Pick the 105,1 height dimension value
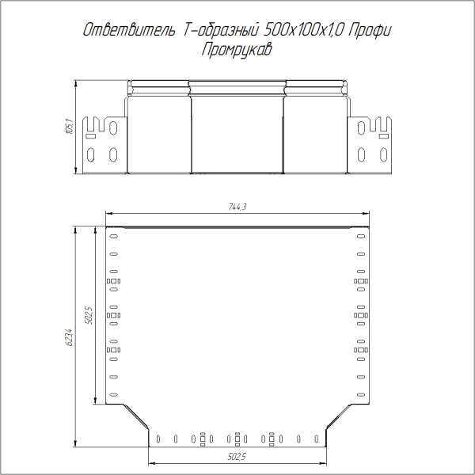tap(69, 127)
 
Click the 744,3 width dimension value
tap(238, 207)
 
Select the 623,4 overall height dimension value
tap(69, 338)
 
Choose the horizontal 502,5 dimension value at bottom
tap(237, 457)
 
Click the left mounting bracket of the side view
tap(104, 144)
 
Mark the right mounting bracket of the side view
tap(370, 144)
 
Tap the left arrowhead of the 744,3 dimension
tap(109, 213)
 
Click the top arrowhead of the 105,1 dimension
tap(75, 83)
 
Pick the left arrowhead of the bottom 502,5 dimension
tap(151, 462)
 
